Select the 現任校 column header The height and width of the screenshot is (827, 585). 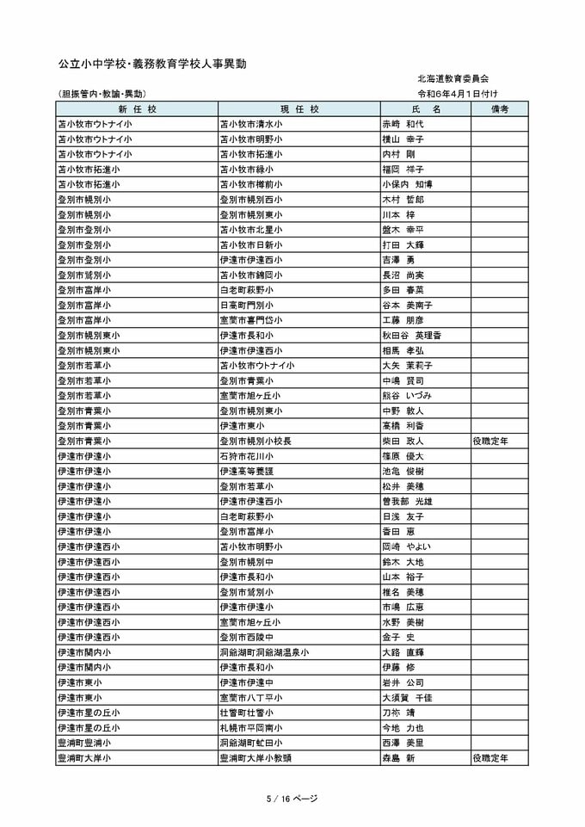coord(299,109)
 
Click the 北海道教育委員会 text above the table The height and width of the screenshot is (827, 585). coord(452,77)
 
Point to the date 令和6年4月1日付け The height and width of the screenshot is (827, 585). coord(458,93)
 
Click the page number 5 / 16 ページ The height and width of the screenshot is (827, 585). coord(292,799)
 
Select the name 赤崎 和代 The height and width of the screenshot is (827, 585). coord(403,124)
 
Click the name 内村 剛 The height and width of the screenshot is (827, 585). coord(399,154)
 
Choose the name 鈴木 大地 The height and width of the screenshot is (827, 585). coord(403,562)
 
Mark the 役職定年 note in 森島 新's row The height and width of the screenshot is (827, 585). coord(490,758)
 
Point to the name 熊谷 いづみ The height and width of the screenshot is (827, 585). coord(407,395)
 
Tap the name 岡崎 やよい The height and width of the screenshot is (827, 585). coord(407,546)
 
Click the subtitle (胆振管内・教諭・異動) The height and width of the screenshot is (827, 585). coord(102,93)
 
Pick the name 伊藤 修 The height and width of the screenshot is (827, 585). coord(399,667)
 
